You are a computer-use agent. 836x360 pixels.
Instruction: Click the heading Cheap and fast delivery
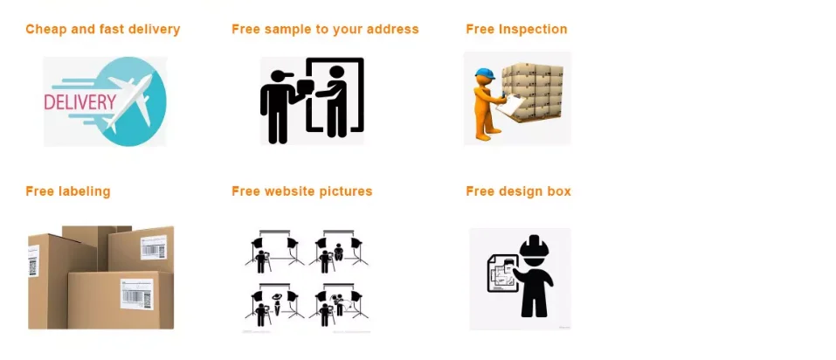(x=102, y=30)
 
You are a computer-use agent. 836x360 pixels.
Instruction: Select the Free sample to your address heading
(x=325, y=30)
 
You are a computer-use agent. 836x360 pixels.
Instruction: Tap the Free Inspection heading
(x=516, y=30)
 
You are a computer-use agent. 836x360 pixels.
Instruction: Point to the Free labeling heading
(x=68, y=191)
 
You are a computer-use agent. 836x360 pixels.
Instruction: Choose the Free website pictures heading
(x=301, y=191)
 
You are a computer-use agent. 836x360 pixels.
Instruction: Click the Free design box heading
(x=518, y=191)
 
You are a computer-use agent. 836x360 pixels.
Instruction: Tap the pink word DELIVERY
(x=79, y=102)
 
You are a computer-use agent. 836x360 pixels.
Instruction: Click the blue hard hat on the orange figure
(x=485, y=74)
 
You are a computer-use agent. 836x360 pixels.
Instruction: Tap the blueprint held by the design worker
(x=501, y=273)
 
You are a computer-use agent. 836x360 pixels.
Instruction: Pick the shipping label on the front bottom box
(x=136, y=294)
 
